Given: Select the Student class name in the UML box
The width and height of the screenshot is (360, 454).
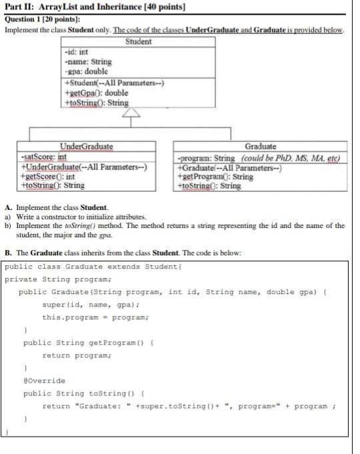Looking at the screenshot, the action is coord(138,42).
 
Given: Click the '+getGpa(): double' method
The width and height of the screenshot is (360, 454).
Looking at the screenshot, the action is coord(97,93).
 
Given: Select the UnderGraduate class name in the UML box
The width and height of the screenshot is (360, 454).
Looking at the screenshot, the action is coord(86,147).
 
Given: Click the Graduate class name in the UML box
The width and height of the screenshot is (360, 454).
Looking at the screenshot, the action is coord(261,147).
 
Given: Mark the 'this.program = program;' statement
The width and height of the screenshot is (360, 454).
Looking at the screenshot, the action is coord(95,317).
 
